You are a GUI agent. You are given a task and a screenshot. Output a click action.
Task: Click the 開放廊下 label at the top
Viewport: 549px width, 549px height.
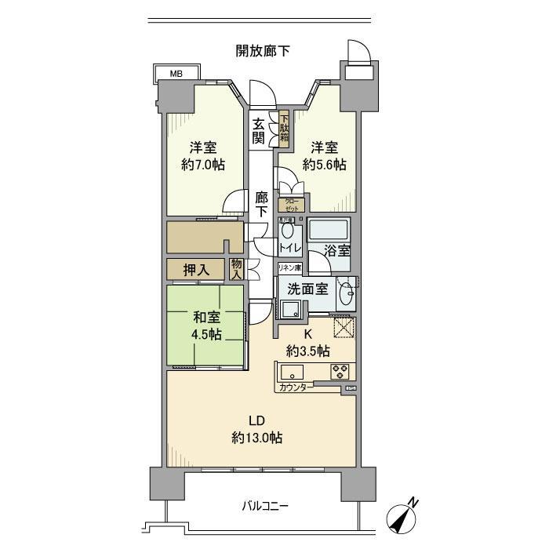263,51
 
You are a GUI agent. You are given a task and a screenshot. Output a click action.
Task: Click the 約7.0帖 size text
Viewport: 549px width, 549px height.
202,165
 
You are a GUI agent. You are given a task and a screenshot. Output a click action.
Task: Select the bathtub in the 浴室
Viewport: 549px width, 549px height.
329,232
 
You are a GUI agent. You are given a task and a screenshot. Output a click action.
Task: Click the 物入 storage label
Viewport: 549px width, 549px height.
236,269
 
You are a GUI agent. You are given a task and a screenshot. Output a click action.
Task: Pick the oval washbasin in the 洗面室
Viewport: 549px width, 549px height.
344,296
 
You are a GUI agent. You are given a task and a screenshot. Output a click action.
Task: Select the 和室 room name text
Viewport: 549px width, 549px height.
207,318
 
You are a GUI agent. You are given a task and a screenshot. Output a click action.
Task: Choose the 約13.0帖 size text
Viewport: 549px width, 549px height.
257,438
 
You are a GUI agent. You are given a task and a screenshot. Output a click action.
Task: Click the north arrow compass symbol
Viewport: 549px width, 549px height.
403,517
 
